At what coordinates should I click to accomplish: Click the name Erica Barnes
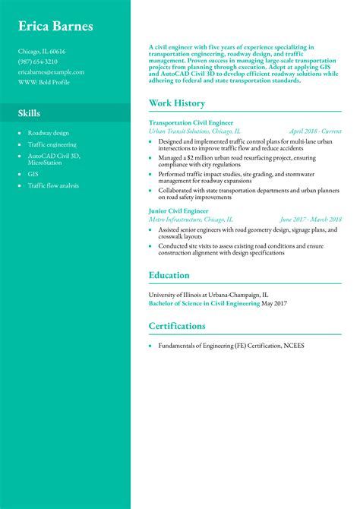56,27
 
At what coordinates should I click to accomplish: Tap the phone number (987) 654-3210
38,62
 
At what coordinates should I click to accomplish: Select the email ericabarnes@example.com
51,72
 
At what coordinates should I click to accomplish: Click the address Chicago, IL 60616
42,52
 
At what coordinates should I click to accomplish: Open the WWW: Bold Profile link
44,82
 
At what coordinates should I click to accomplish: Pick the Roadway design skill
49,133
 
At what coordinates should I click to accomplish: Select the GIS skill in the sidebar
33,174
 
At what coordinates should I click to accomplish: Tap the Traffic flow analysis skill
53,185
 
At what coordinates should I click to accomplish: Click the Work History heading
177,103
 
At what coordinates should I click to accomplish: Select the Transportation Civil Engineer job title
191,122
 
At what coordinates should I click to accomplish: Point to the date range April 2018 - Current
315,131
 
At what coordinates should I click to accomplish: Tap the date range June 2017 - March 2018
311,219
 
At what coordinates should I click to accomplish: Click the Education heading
169,275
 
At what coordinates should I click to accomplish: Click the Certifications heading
177,326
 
